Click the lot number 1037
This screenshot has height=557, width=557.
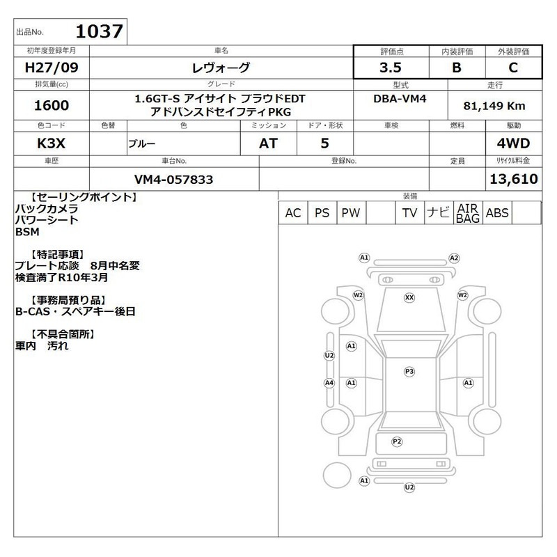pos(100,31)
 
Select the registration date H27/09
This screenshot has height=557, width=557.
pos(52,68)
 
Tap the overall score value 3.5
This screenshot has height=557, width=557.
pos(391,68)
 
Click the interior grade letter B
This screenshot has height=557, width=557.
pos(457,68)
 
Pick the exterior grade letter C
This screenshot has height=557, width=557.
pos(513,68)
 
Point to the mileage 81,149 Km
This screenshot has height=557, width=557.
pos(494,106)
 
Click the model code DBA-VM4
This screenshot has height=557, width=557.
pos(400,99)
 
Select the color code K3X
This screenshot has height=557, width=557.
pos(51,143)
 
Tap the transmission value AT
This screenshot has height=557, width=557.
pos(268,143)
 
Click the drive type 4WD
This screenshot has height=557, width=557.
pos(513,143)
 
